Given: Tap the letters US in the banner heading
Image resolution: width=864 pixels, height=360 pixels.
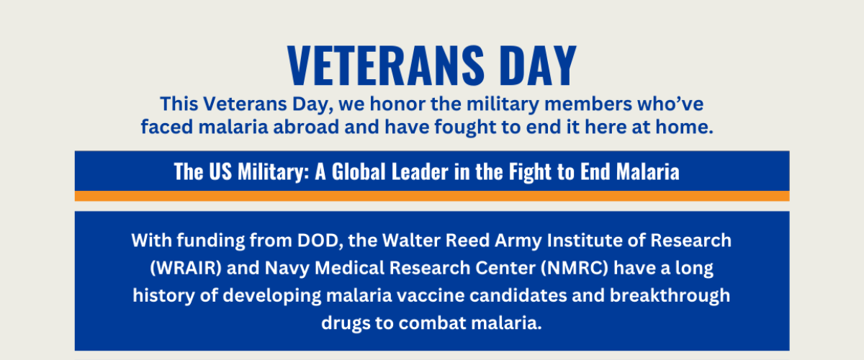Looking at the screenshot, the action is click(220, 171).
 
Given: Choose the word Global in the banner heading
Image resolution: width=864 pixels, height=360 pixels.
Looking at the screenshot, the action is click(359, 171).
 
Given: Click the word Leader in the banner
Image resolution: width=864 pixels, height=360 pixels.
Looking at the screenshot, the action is click(420, 171).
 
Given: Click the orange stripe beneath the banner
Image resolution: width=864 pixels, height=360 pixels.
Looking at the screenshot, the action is click(432, 196).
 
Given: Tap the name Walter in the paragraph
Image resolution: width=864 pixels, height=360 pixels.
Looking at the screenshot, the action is click(411, 240).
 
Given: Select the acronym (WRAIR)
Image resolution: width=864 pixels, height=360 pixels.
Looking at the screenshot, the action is click(186, 268).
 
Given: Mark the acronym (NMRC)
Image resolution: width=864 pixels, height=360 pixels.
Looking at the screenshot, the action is click(575, 268).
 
